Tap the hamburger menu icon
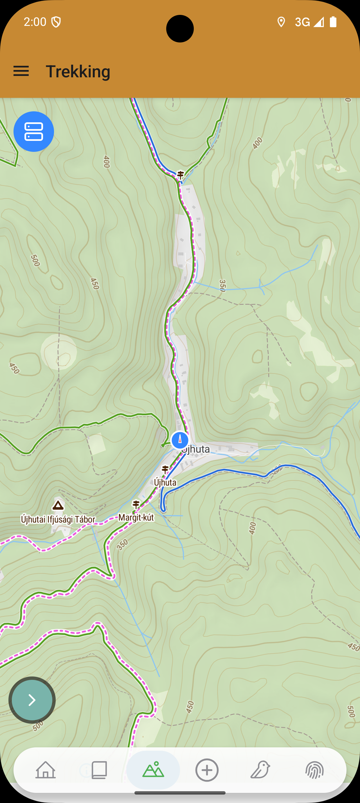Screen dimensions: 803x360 [x=21, y=71]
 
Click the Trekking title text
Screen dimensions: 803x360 [x=78, y=71]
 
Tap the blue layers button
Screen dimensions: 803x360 [x=34, y=132]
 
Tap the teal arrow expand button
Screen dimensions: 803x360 [x=32, y=700]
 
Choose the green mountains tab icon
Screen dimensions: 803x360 [x=153, y=770]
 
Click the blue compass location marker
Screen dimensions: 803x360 [x=180, y=440]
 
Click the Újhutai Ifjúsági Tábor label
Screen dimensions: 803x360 [x=58, y=519]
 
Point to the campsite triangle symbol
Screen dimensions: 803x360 [x=58, y=505]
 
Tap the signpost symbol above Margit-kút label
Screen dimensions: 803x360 [x=136, y=504]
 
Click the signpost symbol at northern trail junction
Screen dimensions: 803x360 [x=181, y=175]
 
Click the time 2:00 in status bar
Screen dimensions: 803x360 [x=35, y=22]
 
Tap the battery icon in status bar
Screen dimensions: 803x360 [x=333, y=22]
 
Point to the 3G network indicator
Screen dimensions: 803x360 [x=302, y=22]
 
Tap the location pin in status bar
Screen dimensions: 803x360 [x=281, y=22]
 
